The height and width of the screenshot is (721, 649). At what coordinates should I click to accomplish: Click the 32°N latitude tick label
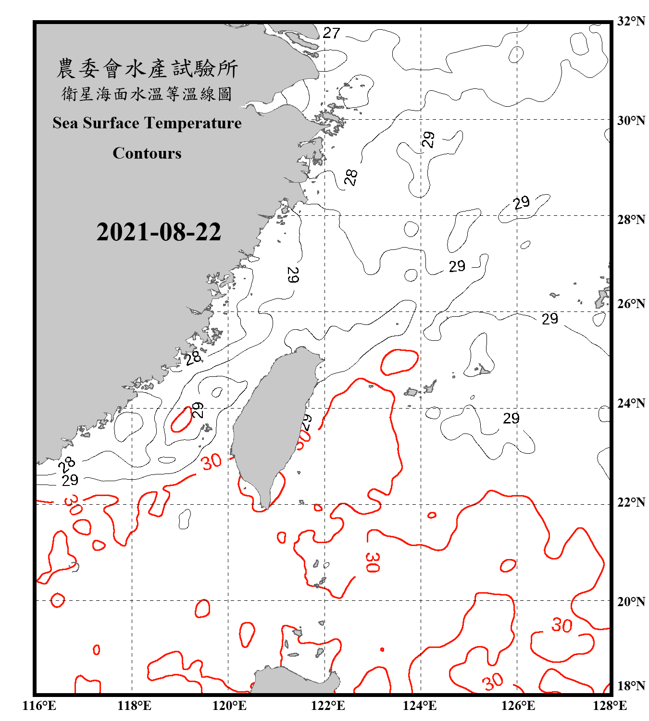click(x=631, y=21)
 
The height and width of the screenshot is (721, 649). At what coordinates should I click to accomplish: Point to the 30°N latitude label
click(x=631, y=121)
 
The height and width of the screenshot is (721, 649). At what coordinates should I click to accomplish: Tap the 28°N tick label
click(x=631, y=220)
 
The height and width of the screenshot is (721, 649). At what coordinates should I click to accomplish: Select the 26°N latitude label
click(x=631, y=304)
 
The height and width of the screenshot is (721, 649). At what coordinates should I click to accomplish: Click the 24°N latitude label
click(x=631, y=403)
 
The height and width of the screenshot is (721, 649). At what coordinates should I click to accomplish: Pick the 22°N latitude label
click(x=631, y=502)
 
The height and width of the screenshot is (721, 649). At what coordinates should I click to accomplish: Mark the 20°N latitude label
click(x=631, y=601)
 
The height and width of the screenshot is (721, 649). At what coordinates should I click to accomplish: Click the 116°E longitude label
click(x=39, y=706)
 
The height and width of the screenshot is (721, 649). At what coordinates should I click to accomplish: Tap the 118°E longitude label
click(x=134, y=706)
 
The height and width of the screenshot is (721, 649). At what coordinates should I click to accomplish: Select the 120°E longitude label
click(x=229, y=706)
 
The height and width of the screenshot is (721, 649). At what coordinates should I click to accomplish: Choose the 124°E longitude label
click(x=420, y=706)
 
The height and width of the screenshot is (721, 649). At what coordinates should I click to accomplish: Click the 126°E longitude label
click(x=518, y=706)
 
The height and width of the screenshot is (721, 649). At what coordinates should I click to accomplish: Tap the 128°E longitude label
click(x=610, y=706)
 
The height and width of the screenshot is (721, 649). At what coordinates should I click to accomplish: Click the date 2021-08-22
click(x=159, y=232)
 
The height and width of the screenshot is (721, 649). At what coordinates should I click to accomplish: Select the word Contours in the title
click(x=147, y=153)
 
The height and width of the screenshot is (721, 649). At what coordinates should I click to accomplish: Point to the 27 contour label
click(x=331, y=33)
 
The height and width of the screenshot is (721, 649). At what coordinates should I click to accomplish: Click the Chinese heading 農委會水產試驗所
click(x=147, y=68)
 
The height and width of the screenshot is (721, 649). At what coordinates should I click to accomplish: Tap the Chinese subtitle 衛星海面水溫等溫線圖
click(x=147, y=94)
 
